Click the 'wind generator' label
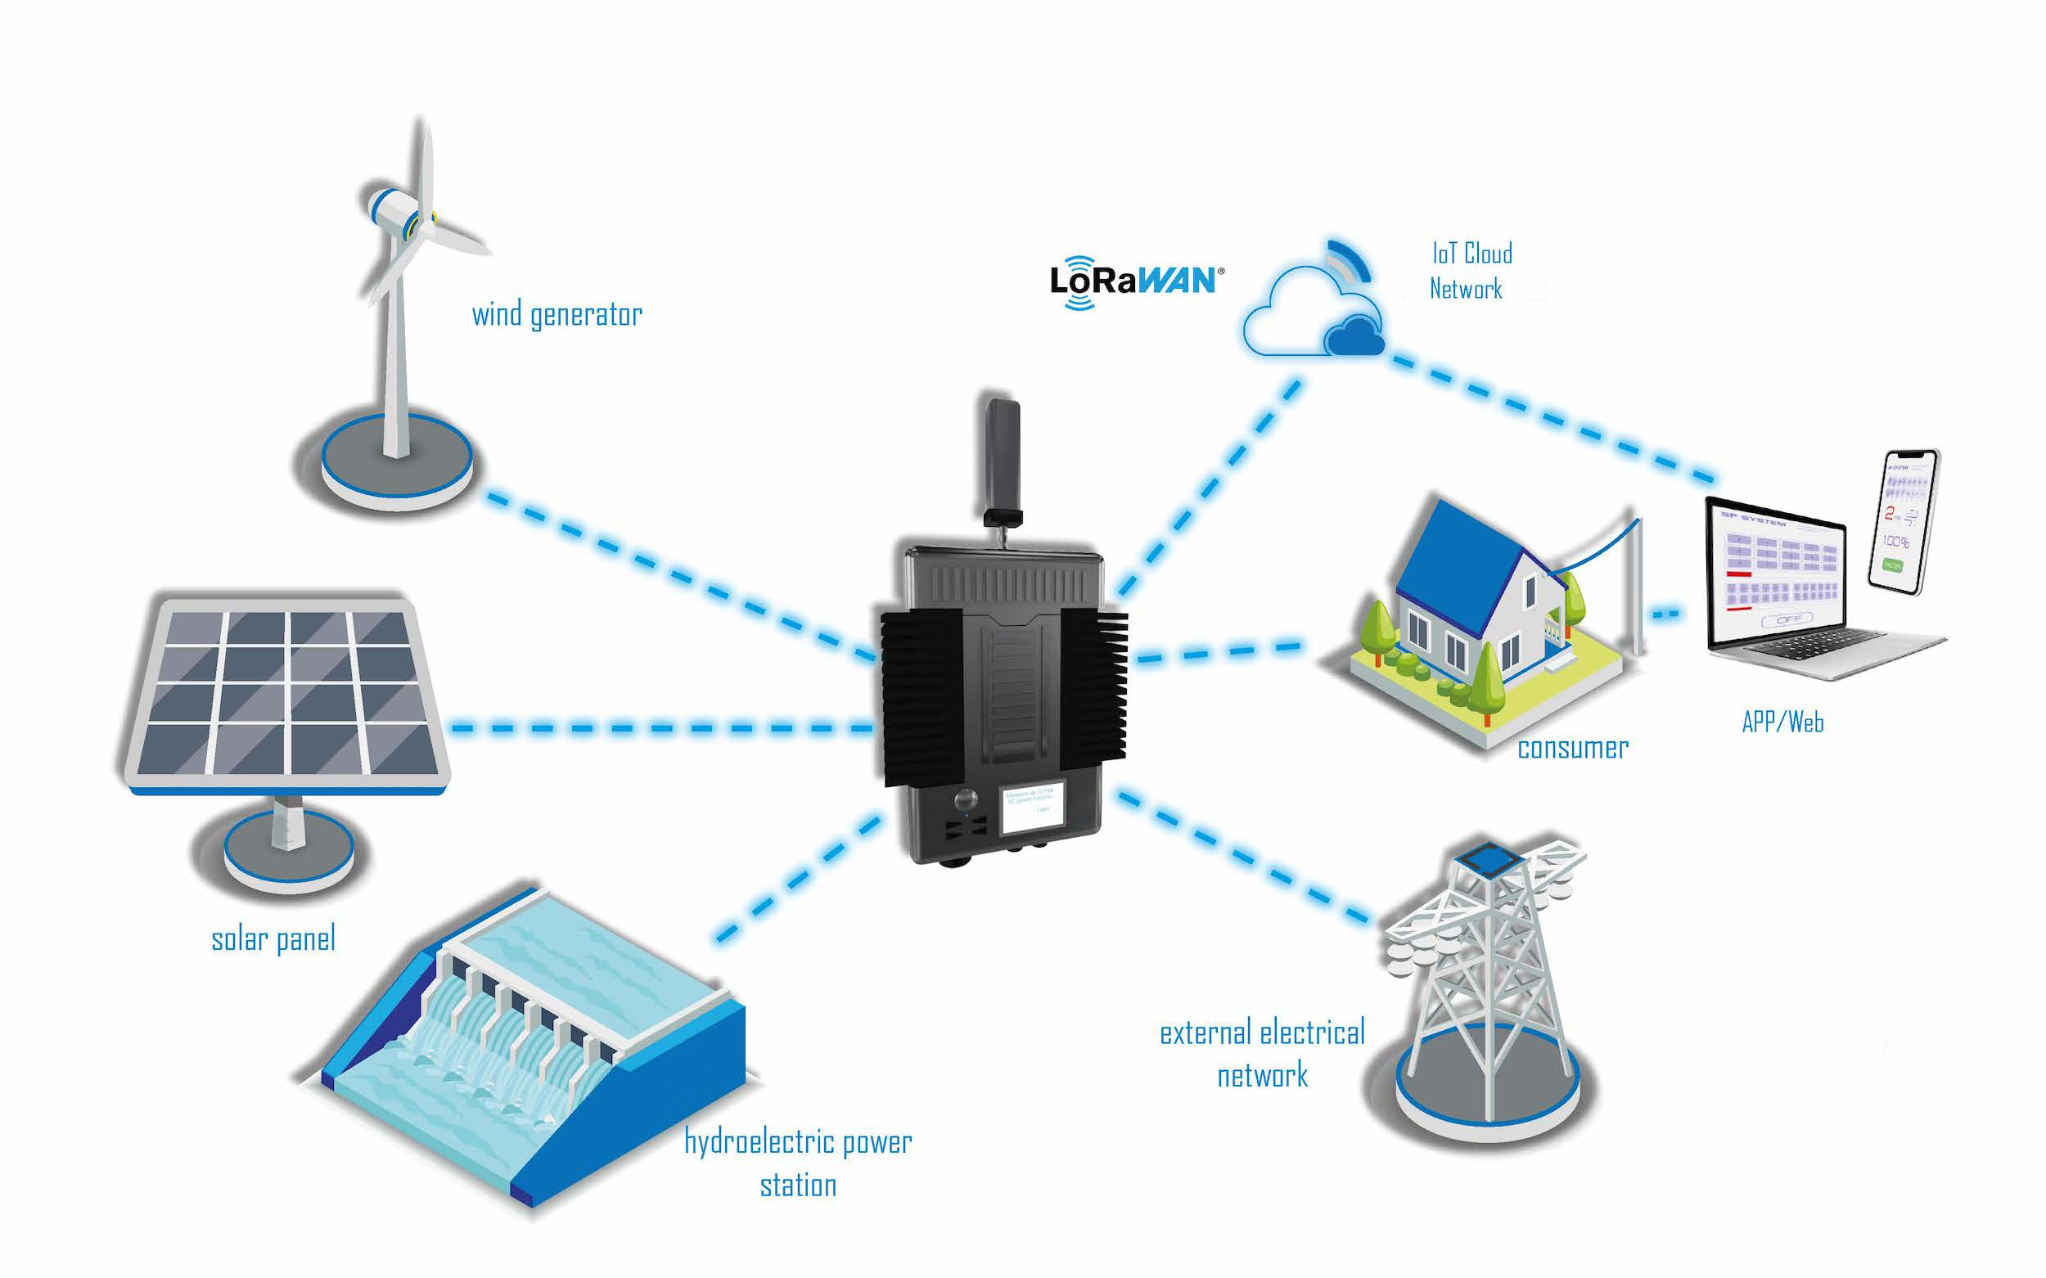click(x=557, y=314)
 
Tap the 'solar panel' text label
click(x=273, y=939)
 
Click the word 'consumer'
click(x=1572, y=748)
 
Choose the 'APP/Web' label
click(x=1782, y=722)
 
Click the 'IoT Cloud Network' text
click(x=1469, y=271)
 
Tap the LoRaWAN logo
click(x=1135, y=281)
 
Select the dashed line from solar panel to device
click(x=660, y=727)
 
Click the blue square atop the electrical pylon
click(x=1488, y=860)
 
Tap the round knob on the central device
click(x=966, y=799)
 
